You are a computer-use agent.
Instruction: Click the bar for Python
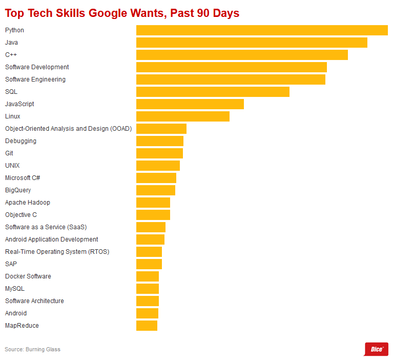tap(262, 30)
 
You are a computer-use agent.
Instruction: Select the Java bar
tap(252, 43)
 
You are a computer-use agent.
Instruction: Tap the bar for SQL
tap(213, 92)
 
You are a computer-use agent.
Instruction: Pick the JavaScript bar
tap(190, 104)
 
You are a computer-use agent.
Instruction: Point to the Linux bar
tap(183, 116)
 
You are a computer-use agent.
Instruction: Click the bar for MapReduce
tap(147, 326)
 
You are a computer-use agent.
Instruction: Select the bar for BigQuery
tap(156, 190)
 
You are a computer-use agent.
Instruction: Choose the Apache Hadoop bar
tap(153, 203)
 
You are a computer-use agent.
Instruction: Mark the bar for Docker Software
tap(148, 276)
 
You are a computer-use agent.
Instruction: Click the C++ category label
tap(11, 55)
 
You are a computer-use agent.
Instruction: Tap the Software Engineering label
tap(35, 79)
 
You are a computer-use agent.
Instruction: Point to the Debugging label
tap(20, 141)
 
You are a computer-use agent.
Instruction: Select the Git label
tap(9, 153)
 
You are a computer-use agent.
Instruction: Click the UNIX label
tap(12, 166)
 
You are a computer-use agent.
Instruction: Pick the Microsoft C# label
tap(23, 178)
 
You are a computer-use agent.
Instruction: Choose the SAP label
tap(11, 264)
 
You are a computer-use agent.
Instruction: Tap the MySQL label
tap(15, 289)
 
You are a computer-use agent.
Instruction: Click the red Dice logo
tap(376, 349)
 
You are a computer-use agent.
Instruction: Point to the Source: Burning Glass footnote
tap(33, 349)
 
